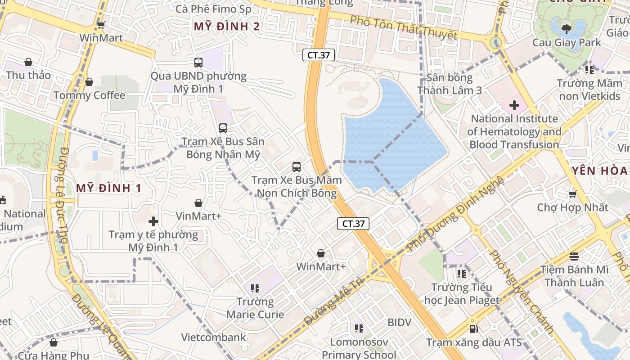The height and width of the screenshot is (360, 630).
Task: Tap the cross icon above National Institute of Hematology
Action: [514, 106]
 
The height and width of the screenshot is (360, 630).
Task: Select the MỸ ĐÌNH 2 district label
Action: [227, 27]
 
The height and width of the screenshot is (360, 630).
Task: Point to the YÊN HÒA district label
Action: [600, 171]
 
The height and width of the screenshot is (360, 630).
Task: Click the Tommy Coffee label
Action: [89, 95]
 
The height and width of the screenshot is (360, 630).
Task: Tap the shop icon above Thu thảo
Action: [28, 62]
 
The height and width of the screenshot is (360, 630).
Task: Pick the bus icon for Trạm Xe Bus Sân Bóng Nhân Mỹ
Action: [223, 128]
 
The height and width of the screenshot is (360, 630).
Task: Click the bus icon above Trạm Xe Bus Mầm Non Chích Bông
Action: [296, 167]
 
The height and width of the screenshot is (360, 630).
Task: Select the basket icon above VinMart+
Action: [198, 203]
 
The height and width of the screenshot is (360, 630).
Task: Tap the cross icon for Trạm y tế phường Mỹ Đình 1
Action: [153, 221]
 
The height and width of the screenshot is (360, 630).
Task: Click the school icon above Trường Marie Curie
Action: [255, 288]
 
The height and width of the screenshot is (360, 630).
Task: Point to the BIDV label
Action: [399, 322]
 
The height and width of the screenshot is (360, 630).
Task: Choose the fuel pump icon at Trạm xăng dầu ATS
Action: [473, 329]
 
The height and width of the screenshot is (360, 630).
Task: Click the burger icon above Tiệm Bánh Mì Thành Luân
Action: [574, 256]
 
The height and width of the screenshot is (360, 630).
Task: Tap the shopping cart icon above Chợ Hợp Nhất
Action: [572, 194]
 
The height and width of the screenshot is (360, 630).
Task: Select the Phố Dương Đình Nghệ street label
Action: [455, 213]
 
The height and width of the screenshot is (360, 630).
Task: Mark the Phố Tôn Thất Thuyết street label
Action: [403, 28]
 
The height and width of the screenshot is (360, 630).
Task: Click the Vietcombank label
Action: [214, 337]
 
